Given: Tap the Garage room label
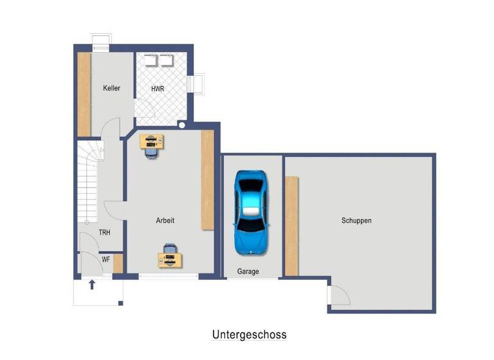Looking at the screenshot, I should pyautogui.click(x=248, y=271).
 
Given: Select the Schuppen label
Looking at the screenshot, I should pyautogui.click(x=356, y=221).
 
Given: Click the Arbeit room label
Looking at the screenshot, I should pyautogui.click(x=165, y=221).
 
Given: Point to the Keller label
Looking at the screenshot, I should pyautogui.click(x=112, y=88).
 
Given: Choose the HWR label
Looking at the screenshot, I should pyautogui.click(x=158, y=88).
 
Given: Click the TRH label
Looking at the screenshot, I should pyautogui.click(x=105, y=233).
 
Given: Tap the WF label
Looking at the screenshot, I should pyautogui.click(x=105, y=259).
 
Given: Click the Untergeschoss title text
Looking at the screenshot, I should pyautogui.click(x=249, y=334).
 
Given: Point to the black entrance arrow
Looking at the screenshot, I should pyautogui.click(x=92, y=284).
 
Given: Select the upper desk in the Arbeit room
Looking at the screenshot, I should pyautogui.click(x=152, y=139).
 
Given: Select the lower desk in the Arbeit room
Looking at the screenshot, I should pyautogui.click(x=170, y=259).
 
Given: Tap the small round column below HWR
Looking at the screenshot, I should pyautogui.click(x=182, y=126).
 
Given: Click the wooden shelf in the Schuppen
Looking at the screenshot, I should pyautogui.click(x=291, y=226).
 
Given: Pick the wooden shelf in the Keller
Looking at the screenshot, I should pyautogui.click(x=84, y=94).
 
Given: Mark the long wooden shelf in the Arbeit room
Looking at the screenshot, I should pyautogui.click(x=207, y=179).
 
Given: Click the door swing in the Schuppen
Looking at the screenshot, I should pyautogui.click(x=338, y=296).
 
